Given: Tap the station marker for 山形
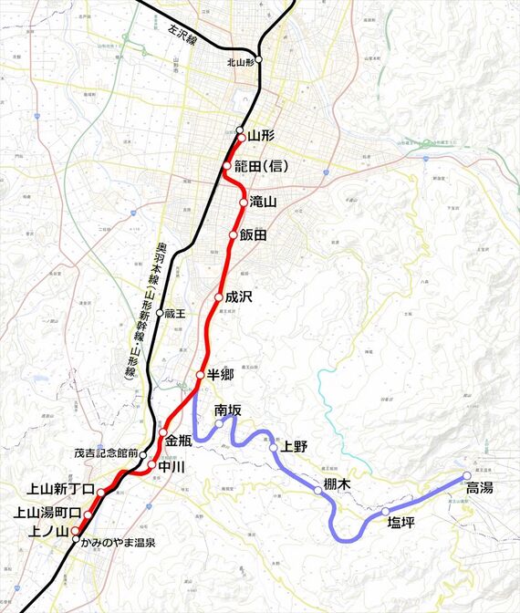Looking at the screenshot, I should tap(240, 130).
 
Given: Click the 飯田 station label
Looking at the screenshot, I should tap(254, 235).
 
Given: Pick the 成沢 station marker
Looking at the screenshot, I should tap(219, 297).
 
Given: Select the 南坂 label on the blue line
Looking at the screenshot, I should tap(228, 410).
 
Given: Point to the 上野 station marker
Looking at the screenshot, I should tap(273, 448).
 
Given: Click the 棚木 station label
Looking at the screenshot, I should tap(337, 484).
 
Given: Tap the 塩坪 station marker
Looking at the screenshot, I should tap(386, 512).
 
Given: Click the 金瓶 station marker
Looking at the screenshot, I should tap(163, 432).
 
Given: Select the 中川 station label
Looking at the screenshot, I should tap(172, 466).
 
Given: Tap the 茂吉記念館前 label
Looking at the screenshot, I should tap(106, 452).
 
